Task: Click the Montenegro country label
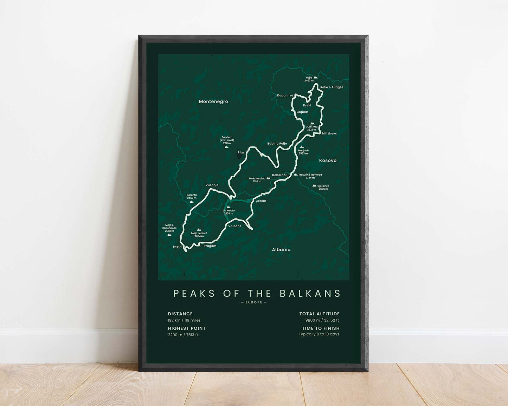(x=213, y=101)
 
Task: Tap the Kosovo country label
(x=328, y=161)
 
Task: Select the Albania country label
(x=281, y=250)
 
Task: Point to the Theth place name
(x=177, y=247)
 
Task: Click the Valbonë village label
(x=235, y=226)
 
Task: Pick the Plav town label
(x=241, y=152)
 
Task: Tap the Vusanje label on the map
(x=212, y=185)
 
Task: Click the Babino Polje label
(x=277, y=144)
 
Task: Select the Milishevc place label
(x=329, y=133)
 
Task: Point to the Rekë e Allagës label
(x=332, y=87)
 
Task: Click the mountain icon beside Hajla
(x=316, y=77)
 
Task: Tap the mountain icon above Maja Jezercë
(x=199, y=230)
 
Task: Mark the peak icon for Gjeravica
(x=314, y=185)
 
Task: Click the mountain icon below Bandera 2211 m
(x=226, y=147)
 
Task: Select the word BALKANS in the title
(x=310, y=293)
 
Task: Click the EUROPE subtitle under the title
(x=254, y=302)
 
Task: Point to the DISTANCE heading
(x=180, y=314)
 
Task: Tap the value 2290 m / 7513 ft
(x=183, y=335)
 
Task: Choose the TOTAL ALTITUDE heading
(x=320, y=314)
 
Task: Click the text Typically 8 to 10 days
(x=319, y=334)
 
